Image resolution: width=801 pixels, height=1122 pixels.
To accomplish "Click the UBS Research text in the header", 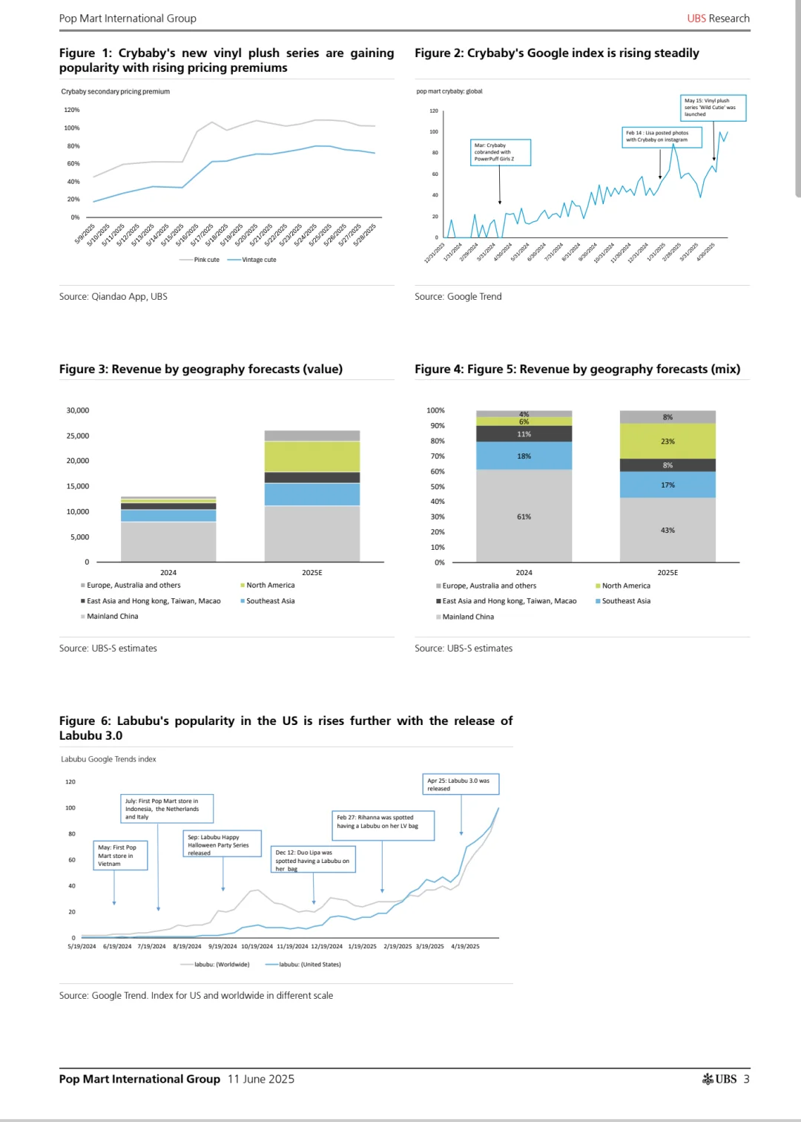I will click(x=718, y=19).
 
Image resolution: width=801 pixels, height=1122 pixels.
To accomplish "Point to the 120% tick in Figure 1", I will click(x=72, y=110).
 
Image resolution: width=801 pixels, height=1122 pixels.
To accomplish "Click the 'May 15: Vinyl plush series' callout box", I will click(x=713, y=108).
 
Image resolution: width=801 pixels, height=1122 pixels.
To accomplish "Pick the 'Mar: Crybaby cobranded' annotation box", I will click(x=500, y=152).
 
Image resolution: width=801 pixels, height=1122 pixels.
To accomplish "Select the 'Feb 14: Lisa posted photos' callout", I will click(x=661, y=137).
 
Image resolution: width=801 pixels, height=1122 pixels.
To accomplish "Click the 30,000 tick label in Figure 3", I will click(x=78, y=410).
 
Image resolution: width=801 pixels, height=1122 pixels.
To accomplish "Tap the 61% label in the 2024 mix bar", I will click(x=524, y=516).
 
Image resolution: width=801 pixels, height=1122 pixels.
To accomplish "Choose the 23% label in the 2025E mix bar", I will click(x=667, y=442).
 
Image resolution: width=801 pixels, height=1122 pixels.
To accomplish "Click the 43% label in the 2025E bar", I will click(x=667, y=531).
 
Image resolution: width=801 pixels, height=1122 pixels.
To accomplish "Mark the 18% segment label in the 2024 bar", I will click(x=524, y=456).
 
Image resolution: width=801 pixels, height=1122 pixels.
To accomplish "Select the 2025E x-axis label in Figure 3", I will click(x=311, y=573).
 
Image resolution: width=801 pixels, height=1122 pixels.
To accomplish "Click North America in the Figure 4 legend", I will click(x=626, y=585).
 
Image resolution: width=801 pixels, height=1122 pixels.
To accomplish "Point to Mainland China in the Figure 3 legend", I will click(x=112, y=616).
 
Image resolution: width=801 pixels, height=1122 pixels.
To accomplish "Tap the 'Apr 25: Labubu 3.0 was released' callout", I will click(x=461, y=784).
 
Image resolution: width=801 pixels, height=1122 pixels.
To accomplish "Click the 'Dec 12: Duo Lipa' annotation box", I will click(x=314, y=860).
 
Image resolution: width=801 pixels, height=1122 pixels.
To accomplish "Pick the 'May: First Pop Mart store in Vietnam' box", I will click(x=121, y=855).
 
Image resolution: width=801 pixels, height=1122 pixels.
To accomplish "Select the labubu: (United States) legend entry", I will click(x=309, y=965).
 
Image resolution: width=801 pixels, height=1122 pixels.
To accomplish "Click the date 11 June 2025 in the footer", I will click(x=260, y=1079).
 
